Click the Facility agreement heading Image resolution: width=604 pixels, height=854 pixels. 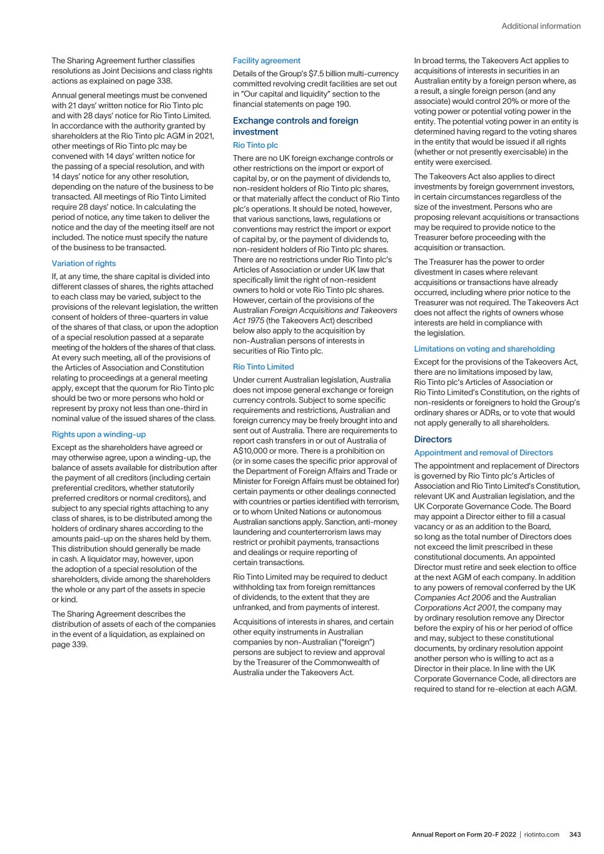(x=266, y=61)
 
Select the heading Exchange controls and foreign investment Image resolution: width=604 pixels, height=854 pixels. (x=295, y=126)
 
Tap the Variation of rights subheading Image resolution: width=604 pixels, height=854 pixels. (x=83, y=263)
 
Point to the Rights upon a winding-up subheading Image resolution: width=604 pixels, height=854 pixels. (x=98, y=434)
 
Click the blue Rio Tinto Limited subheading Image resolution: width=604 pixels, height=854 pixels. (x=263, y=367)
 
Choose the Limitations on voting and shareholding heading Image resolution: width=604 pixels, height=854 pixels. (x=484, y=348)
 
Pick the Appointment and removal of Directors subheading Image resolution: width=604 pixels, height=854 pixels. (x=483, y=452)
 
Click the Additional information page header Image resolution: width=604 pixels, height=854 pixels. (x=541, y=26)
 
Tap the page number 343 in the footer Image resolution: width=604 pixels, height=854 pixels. (x=575, y=835)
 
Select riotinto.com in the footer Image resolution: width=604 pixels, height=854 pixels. (x=541, y=835)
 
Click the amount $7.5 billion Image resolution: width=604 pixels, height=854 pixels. (x=330, y=74)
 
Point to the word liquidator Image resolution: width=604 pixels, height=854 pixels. (x=110, y=559)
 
